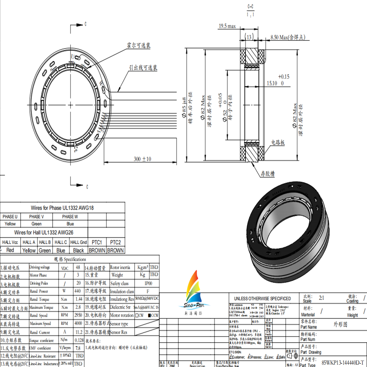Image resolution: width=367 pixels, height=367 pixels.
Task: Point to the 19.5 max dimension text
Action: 227,26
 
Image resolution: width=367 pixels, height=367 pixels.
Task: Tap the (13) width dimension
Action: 249,37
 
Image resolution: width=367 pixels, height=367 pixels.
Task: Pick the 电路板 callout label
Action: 278,142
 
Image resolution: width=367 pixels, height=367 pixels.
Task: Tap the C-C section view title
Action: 251,7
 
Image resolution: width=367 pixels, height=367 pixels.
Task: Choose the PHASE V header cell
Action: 36,217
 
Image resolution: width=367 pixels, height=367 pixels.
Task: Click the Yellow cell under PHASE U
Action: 10,224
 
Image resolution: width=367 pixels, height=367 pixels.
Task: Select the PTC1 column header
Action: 97,242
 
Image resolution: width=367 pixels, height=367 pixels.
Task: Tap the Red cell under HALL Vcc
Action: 10,250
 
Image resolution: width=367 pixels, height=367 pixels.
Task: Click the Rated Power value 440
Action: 77,291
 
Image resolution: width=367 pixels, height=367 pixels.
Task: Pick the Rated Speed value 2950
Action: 77,315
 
